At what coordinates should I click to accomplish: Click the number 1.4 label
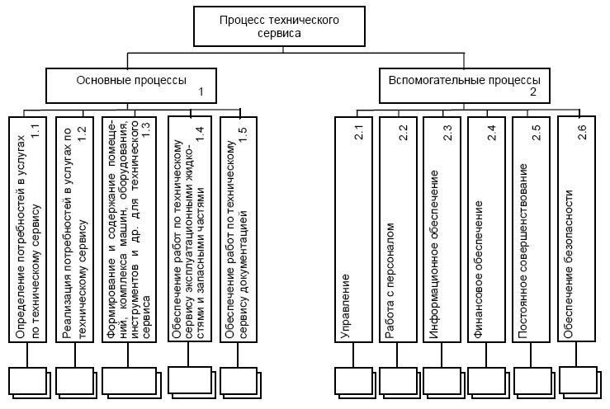199,134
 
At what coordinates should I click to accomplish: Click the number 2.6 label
582,131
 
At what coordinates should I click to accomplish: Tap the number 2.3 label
448,131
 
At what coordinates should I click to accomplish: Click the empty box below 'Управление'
354,382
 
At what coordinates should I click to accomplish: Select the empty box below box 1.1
28,382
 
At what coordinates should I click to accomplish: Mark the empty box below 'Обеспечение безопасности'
579,380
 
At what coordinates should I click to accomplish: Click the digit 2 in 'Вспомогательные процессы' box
533,92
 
